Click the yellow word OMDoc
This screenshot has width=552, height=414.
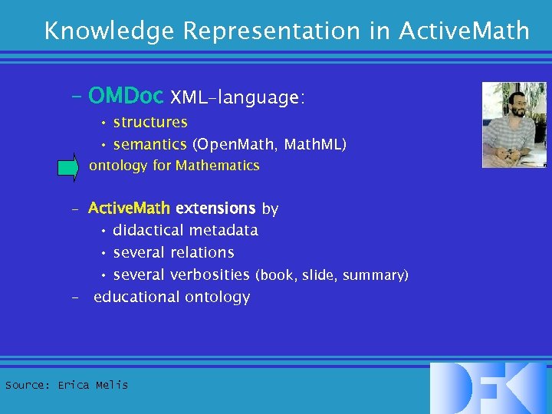point(126,97)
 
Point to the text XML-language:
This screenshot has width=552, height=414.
point(238,98)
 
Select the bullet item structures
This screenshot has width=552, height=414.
point(149,123)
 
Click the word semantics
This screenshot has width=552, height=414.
point(149,144)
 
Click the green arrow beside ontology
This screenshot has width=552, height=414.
point(68,166)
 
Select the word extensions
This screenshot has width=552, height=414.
point(215,209)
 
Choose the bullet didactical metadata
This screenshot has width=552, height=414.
point(185,230)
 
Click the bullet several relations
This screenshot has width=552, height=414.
point(173,252)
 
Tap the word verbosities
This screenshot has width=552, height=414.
point(209,274)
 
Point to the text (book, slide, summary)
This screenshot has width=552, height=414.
point(331,275)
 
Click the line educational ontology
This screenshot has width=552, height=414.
point(172,297)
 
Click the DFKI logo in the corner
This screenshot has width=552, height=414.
point(488,388)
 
